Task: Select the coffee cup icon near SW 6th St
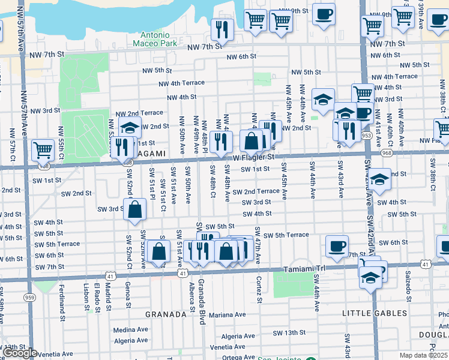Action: pos(337,244)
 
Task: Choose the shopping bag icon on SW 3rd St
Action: pos(136,209)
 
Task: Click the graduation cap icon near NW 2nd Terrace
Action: pos(130,127)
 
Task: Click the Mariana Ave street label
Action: pos(228,314)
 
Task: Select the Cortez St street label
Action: pos(260,289)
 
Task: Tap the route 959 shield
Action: pos(30,296)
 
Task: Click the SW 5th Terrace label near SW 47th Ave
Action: pos(286,235)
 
